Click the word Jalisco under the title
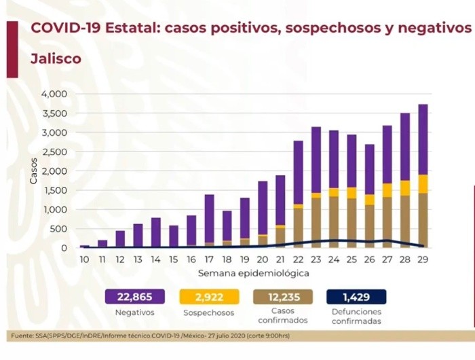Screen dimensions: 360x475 (x=56, y=58)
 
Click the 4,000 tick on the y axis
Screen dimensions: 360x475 (x=55, y=94)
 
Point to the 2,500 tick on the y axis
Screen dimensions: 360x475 (x=55, y=151)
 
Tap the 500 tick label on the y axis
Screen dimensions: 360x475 (x=59, y=229)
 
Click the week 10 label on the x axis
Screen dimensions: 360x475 (x=84, y=259)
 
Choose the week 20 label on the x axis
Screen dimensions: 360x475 (x=263, y=259)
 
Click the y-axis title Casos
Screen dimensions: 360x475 (x=33, y=171)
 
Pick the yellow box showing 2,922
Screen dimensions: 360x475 (x=212, y=297)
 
